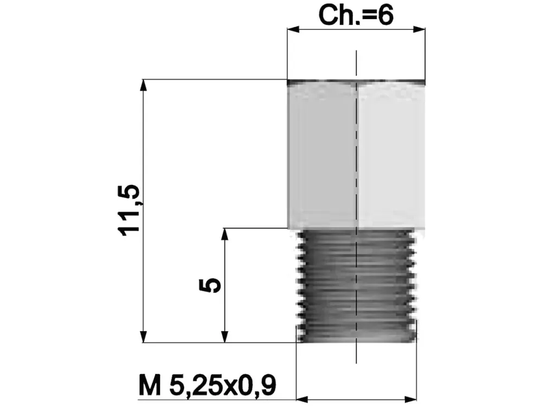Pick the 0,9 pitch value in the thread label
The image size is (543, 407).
pos(257,386)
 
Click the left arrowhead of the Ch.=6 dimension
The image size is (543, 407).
pos(292,30)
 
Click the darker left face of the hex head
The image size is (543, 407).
pos(322,155)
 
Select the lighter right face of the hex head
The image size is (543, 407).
pos(391,155)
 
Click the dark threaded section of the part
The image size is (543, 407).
pos(356,285)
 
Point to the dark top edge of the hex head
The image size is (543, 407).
pos(356,82)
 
